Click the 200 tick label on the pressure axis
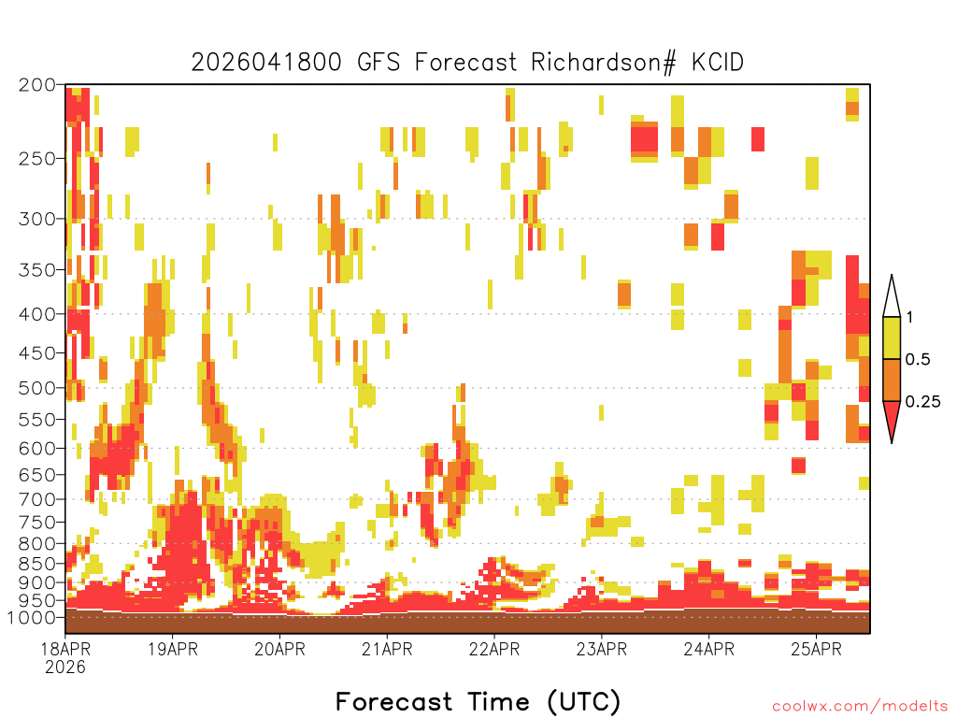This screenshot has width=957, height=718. tap(36, 85)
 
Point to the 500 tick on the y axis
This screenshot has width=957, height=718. tap(36, 388)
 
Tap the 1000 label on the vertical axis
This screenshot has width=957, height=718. tap(32, 618)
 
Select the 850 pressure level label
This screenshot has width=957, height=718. tap(36, 564)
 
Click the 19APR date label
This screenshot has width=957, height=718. tap(173, 649)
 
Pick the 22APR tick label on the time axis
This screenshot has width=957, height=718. tap(494, 649)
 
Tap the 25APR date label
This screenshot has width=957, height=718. tap(816, 649)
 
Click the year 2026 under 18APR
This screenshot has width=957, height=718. tap(65, 668)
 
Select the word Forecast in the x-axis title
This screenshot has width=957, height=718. tap(394, 702)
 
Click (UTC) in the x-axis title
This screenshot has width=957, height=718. tap(583, 702)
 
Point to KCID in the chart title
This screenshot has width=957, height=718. tap(717, 63)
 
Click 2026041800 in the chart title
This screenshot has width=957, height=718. tap(266, 63)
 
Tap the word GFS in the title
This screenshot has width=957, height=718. tap(379, 63)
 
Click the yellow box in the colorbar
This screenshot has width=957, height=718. tap(892, 337)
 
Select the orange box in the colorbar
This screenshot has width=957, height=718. tap(892, 380)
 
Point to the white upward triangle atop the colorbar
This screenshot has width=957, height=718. tap(892, 296)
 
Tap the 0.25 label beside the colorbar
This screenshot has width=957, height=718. tap(922, 402)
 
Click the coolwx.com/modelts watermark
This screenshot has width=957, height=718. tap(860, 707)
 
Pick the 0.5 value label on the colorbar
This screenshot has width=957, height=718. tap(918, 360)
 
